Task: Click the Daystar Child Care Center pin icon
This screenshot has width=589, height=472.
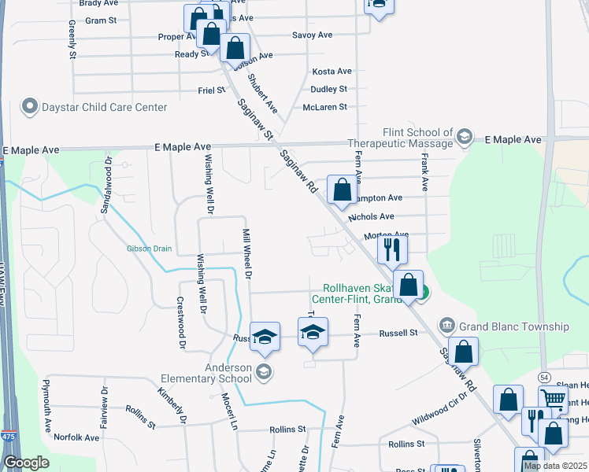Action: [31, 107]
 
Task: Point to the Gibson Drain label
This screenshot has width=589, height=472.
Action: [149, 249]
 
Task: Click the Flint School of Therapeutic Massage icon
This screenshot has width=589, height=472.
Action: [464, 138]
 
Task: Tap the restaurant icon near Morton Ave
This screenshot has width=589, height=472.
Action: [391, 250]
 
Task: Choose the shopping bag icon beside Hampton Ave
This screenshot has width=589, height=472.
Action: [342, 190]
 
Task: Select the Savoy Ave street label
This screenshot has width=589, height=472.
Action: [313, 35]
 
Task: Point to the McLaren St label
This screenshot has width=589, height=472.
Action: [324, 107]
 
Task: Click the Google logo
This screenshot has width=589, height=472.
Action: [26, 463]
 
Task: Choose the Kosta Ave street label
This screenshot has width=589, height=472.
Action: [330, 72]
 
